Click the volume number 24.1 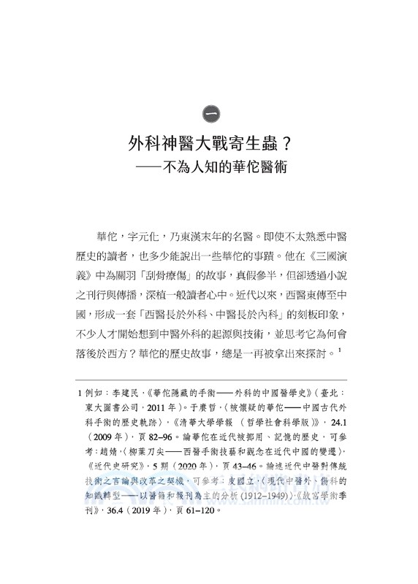click(330, 420)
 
